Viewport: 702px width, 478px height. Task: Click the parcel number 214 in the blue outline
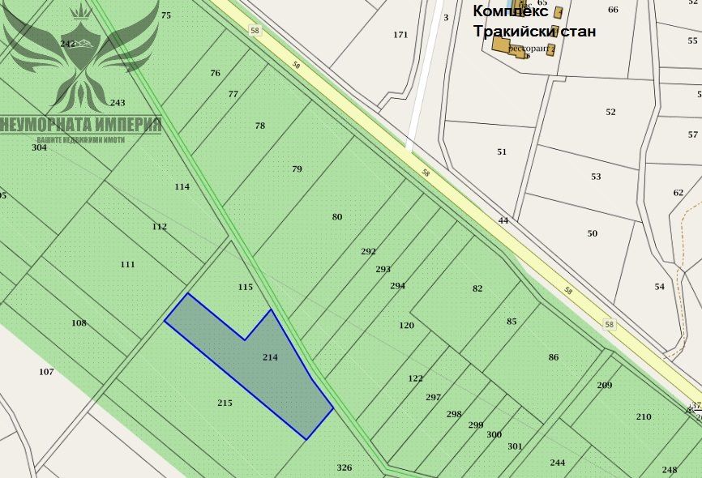(x=271, y=356)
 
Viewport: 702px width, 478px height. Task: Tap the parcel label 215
(x=225, y=403)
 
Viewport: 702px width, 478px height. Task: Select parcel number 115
(x=246, y=287)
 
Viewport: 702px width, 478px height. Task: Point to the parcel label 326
(x=345, y=467)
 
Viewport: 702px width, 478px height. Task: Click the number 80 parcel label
(x=337, y=216)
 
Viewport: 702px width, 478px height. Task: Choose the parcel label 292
(x=368, y=251)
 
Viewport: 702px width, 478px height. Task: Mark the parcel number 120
(x=406, y=325)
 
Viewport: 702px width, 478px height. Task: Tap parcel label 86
(x=554, y=356)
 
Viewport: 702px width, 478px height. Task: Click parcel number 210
(x=644, y=416)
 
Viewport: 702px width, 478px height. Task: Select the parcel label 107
(x=46, y=372)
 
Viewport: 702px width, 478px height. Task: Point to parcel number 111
(x=127, y=264)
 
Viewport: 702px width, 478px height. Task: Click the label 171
(x=400, y=35)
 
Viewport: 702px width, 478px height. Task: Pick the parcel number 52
(x=610, y=112)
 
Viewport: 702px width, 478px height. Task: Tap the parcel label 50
(x=593, y=233)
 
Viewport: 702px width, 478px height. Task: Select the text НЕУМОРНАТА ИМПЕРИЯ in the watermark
(x=82, y=125)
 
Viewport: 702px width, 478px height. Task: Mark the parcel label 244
(x=558, y=463)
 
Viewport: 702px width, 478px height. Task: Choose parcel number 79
(x=297, y=169)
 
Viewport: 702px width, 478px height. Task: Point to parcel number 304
(x=39, y=147)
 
